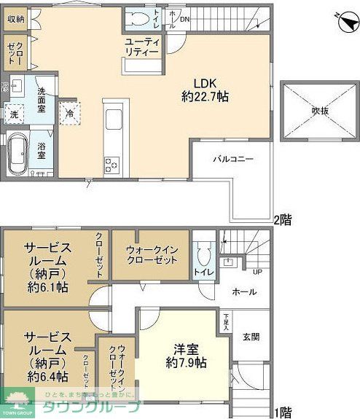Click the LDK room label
point(206,82)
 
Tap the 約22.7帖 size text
point(205,95)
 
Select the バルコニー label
point(233,157)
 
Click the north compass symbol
point(340,20)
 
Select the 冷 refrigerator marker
point(69,113)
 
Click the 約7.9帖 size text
point(186,362)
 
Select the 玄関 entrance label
point(251,337)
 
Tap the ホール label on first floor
point(243,291)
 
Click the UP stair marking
point(257,273)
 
